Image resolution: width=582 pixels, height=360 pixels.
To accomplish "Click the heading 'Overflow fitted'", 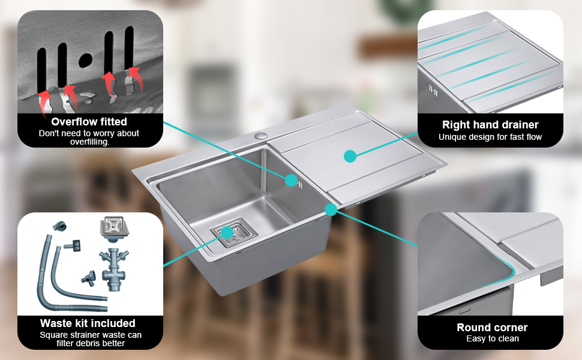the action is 89,122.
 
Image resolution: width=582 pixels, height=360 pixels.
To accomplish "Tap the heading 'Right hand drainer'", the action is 490,125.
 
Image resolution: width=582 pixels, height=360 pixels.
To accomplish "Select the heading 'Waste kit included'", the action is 88,323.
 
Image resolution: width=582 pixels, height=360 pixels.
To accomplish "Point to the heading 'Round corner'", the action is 492,328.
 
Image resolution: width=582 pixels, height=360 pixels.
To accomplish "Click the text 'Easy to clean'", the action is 493,338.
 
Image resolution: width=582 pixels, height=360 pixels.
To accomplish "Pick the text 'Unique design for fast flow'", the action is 490,137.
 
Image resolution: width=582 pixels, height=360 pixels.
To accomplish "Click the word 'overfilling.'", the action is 90,142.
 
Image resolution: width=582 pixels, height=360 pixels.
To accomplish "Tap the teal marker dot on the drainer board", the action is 350,156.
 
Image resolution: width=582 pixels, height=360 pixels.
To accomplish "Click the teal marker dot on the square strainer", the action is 227,233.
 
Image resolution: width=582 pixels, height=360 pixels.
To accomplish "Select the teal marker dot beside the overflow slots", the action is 292,181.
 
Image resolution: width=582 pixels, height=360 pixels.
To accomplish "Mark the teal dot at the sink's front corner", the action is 331,209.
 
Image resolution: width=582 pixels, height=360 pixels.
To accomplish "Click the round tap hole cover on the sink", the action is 261,135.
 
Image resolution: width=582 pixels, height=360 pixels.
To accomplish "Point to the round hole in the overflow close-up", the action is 85,60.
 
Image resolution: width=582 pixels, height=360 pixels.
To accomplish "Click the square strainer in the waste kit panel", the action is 114,227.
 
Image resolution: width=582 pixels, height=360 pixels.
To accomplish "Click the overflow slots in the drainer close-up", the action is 433,91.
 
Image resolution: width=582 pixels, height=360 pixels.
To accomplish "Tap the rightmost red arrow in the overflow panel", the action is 134,79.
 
